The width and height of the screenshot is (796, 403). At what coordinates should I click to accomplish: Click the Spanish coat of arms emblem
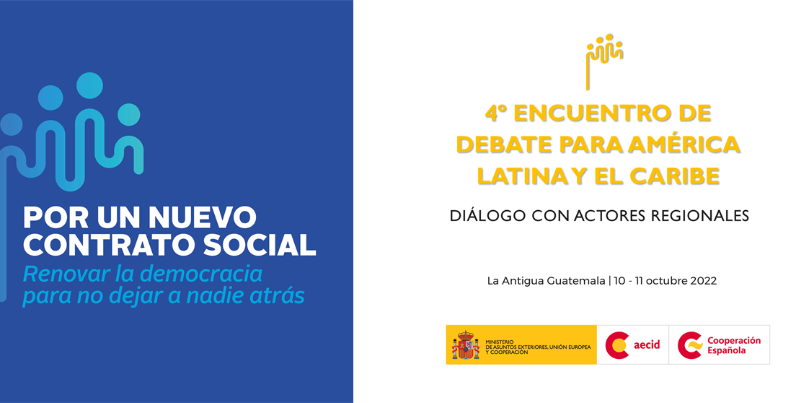point(465,345)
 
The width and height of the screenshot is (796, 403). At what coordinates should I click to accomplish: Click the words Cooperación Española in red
point(733,345)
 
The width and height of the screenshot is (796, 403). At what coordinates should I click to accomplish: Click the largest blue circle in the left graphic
point(91,86)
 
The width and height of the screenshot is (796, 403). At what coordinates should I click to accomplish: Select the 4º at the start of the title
point(496,113)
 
